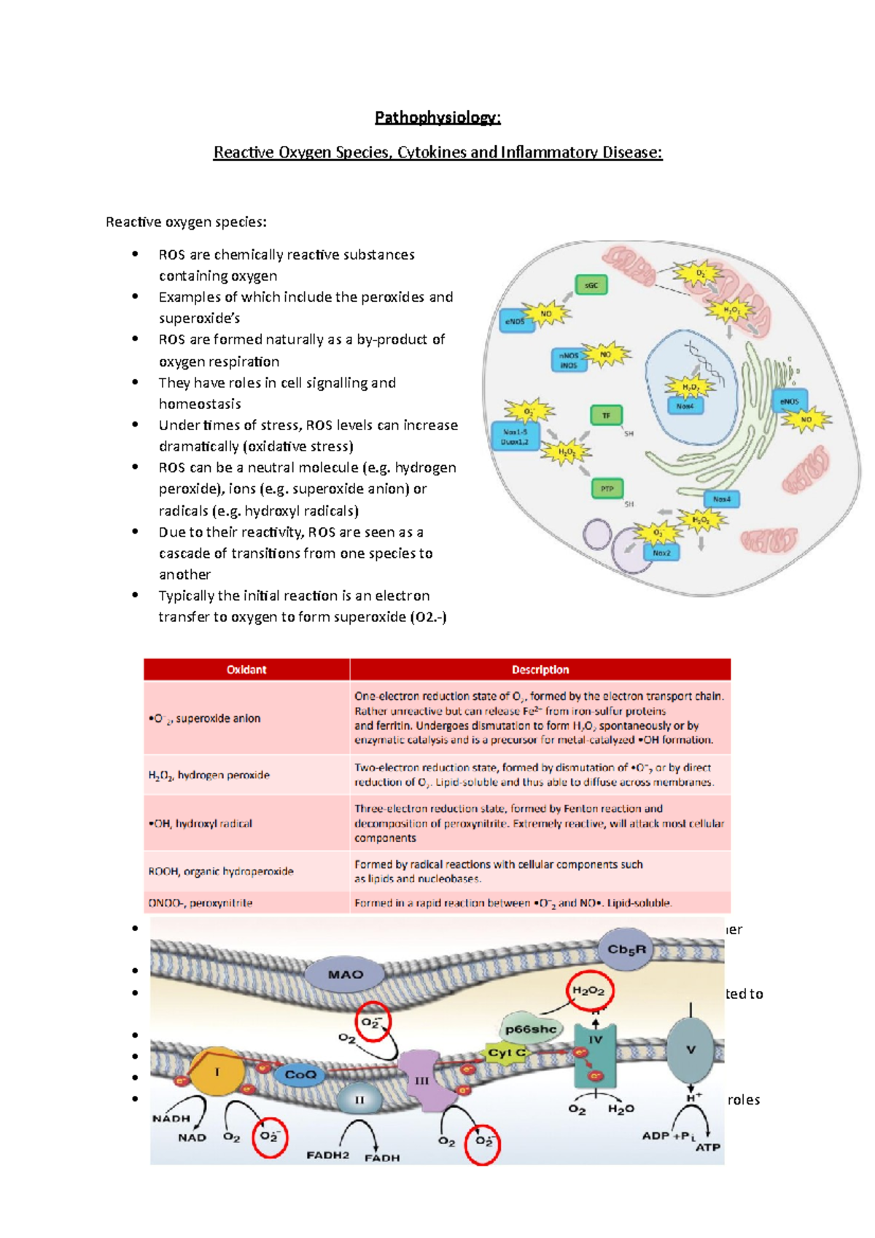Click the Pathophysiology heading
tap(437, 117)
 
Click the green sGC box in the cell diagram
tap(591, 285)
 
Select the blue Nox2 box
tap(661, 553)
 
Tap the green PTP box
tap(607, 489)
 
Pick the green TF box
tap(605, 416)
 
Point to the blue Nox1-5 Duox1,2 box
tap(515, 436)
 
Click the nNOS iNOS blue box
tap(569, 360)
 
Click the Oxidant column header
tap(246, 669)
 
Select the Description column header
tap(540, 669)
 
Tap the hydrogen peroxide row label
tap(209, 775)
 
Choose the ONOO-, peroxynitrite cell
tap(201, 903)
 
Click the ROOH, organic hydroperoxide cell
tap(221, 871)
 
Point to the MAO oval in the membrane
tap(346, 974)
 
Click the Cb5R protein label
tap(626, 949)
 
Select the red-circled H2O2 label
tap(589, 991)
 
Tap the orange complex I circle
tap(217, 1072)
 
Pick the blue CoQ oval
tap(300, 1075)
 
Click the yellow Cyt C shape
tap(506, 1053)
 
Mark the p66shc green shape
tap(531, 1029)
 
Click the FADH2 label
tap(327, 1155)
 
